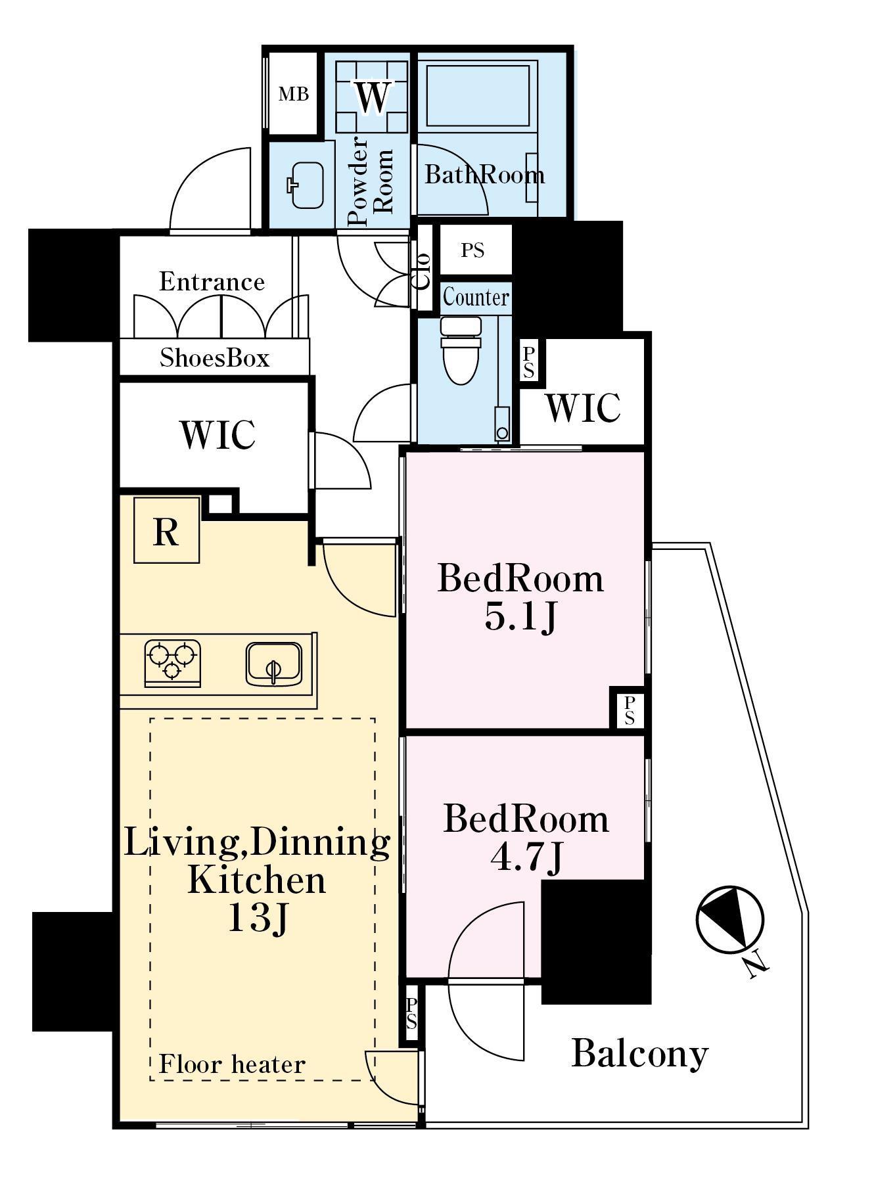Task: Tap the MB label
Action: pos(293,94)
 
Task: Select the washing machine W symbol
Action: pos(373,97)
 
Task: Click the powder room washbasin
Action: pos(306,185)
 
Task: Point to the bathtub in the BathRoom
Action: pos(478,94)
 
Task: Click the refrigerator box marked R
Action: pos(166,530)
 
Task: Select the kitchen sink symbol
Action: pos(274,663)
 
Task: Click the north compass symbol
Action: pos(730,919)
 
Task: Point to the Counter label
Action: pos(476,297)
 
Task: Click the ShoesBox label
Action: pos(214,358)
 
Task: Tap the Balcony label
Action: pos(639,1053)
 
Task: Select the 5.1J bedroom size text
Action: pos(520,616)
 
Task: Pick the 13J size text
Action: pos(257,918)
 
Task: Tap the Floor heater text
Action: pos(232,1064)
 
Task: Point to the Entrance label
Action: pos(212,281)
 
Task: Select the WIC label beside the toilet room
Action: pos(582,407)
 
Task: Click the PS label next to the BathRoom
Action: pos(472,250)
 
